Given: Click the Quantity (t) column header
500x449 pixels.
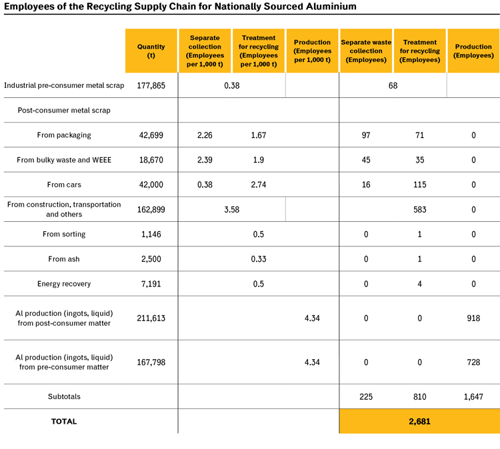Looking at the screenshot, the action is click(x=151, y=51).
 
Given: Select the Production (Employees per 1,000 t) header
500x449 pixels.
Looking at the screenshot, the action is click(x=312, y=51).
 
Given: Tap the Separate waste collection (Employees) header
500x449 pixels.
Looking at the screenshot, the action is click(x=366, y=51).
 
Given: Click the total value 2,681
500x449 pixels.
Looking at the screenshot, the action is click(x=419, y=422).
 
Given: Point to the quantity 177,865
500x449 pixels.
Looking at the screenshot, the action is click(x=151, y=86).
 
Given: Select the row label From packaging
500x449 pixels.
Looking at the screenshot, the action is click(x=64, y=135).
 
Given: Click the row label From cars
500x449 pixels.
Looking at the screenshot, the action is click(x=64, y=185).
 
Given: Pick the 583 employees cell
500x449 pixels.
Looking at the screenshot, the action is click(x=419, y=210).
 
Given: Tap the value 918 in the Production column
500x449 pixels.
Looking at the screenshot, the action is click(x=473, y=318).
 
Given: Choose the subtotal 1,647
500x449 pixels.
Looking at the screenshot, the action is click(x=473, y=397).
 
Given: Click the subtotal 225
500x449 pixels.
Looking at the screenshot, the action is click(x=366, y=397).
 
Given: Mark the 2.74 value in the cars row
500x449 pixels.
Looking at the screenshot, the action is click(x=259, y=185).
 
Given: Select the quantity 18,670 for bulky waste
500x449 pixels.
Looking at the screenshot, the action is click(x=151, y=160).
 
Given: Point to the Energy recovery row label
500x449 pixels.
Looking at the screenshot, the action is click(x=64, y=284).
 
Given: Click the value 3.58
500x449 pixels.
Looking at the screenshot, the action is click(x=232, y=210).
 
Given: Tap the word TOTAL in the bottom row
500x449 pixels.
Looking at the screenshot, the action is click(x=64, y=422).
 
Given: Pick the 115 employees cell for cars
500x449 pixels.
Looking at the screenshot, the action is click(x=419, y=185).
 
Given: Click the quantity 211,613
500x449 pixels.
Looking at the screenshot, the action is click(x=151, y=318).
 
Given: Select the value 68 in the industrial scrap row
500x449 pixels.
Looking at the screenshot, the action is click(x=393, y=86).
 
